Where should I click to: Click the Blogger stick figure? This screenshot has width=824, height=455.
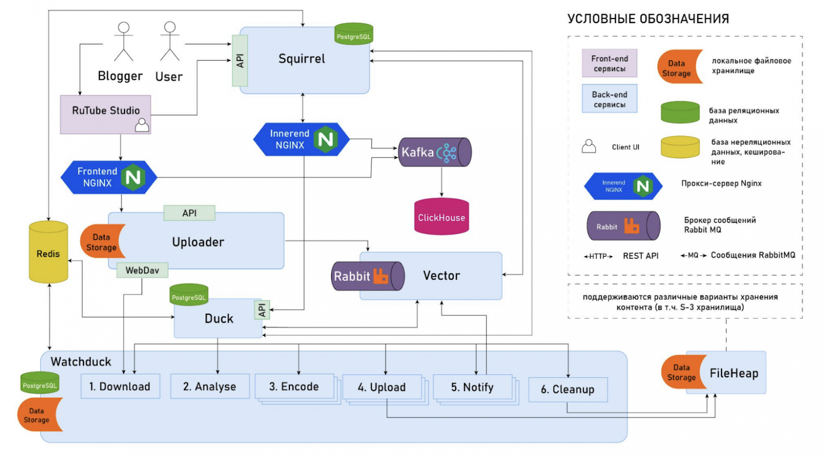124,42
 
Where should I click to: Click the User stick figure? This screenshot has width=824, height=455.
170,42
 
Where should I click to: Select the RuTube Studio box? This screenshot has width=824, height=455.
106,113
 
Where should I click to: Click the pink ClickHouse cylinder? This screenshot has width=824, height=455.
442,216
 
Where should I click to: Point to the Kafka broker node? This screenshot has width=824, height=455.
434,152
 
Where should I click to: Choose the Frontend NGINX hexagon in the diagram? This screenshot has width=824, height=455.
109,177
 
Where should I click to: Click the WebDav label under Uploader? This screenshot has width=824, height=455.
142,270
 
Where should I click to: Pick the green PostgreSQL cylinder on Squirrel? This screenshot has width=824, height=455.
354,34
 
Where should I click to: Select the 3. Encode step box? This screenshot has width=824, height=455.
294,387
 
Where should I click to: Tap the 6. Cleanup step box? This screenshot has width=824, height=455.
568,390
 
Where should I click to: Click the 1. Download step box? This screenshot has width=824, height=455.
120,387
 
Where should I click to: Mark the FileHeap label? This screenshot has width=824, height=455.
734,373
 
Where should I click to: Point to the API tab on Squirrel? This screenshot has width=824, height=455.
240,61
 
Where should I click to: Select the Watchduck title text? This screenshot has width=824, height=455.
81,362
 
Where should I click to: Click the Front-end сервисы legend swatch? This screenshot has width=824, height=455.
610,63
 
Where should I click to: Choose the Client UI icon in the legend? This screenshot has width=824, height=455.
588,146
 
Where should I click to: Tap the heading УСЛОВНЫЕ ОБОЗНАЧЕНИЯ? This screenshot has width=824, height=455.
648,19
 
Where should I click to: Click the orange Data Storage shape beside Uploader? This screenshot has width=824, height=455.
101,242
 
